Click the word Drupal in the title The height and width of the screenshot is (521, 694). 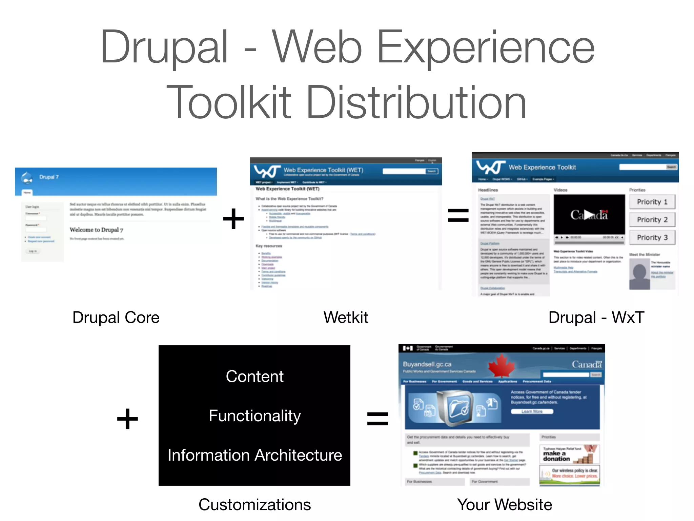164,47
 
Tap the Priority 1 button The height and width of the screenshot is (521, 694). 652,202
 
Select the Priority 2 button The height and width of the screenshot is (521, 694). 652,220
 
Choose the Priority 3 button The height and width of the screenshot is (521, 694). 652,237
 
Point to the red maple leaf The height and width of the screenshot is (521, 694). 501,365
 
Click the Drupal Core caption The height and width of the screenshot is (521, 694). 116,317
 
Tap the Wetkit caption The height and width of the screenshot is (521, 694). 346,317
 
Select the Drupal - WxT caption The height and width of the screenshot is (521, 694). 596,317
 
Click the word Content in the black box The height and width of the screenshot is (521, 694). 254,377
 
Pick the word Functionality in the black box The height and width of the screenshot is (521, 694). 254,416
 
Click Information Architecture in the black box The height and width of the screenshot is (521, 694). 254,455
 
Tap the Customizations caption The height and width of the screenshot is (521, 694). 254,505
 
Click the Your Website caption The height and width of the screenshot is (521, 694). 505,505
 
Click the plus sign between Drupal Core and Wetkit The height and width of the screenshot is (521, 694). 233,219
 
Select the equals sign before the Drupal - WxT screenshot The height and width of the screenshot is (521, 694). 458,216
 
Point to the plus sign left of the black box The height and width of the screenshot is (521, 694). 127,419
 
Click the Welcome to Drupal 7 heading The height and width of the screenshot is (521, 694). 96,230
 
